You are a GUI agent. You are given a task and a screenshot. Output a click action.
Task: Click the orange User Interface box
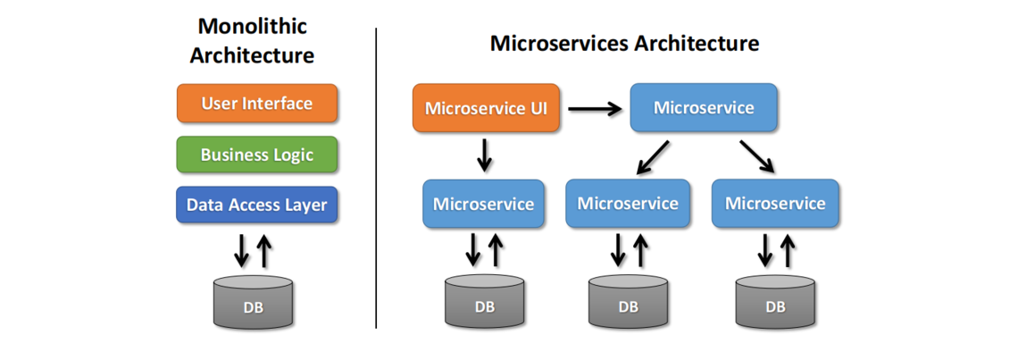tap(256, 103)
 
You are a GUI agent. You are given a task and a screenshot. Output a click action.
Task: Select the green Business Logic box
tap(256, 155)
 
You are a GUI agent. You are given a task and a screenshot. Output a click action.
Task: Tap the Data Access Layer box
tap(256, 205)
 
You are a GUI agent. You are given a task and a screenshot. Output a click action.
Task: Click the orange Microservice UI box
tap(486, 109)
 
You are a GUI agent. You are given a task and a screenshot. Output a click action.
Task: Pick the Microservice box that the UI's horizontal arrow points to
tap(704, 108)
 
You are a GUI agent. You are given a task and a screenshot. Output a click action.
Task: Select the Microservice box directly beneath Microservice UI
tap(483, 204)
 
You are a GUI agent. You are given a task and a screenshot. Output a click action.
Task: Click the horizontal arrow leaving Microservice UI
tap(595, 109)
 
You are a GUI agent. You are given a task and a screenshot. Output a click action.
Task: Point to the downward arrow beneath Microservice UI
tap(484, 155)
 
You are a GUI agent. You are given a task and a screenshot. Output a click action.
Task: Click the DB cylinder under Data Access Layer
tap(253, 302)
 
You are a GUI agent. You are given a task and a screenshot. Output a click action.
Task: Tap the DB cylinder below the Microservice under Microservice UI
tap(484, 302)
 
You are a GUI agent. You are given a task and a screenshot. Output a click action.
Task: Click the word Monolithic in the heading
tap(252, 26)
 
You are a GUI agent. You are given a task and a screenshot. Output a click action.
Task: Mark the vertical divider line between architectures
tap(376, 179)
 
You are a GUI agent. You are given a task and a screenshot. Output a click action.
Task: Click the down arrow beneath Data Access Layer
tap(241, 251)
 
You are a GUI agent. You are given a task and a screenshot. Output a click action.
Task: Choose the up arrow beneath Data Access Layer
tap(264, 251)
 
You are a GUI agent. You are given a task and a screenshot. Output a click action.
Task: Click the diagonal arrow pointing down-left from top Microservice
tap(655, 155)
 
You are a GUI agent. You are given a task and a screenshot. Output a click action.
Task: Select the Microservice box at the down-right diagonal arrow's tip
tap(774, 204)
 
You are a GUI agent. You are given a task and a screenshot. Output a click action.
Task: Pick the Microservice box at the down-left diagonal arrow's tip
tap(628, 204)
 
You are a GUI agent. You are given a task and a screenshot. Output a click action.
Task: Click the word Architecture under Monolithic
tap(252, 55)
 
